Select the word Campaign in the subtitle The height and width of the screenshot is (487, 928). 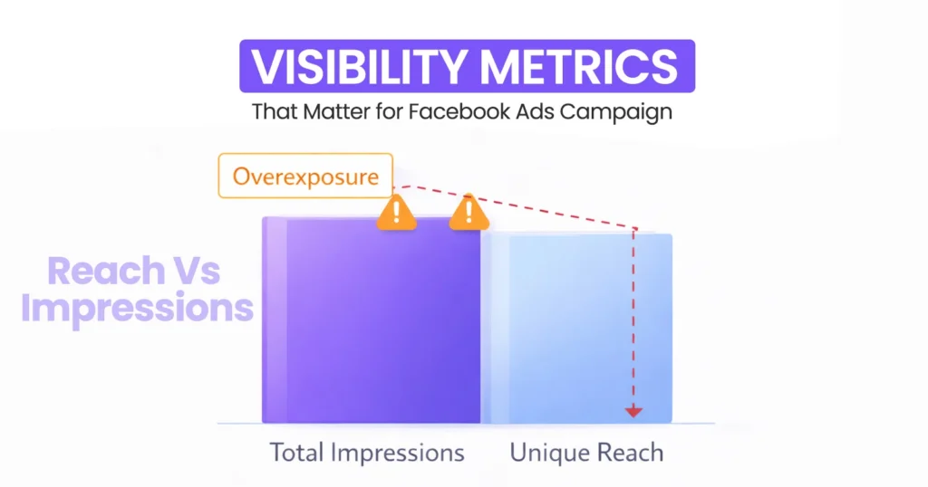pos(618,113)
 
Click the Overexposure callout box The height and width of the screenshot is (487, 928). pos(305,176)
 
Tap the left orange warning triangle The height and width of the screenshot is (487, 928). pos(396,212)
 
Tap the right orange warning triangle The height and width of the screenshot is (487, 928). pos(469,212)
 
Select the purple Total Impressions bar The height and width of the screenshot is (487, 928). pos(372,321)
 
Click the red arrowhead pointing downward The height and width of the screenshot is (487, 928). pos(633,412)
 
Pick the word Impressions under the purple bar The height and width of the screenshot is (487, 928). pos(399,454)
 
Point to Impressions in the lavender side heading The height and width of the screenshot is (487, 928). pos(137,308)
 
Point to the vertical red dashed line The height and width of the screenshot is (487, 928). pos(633,317)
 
